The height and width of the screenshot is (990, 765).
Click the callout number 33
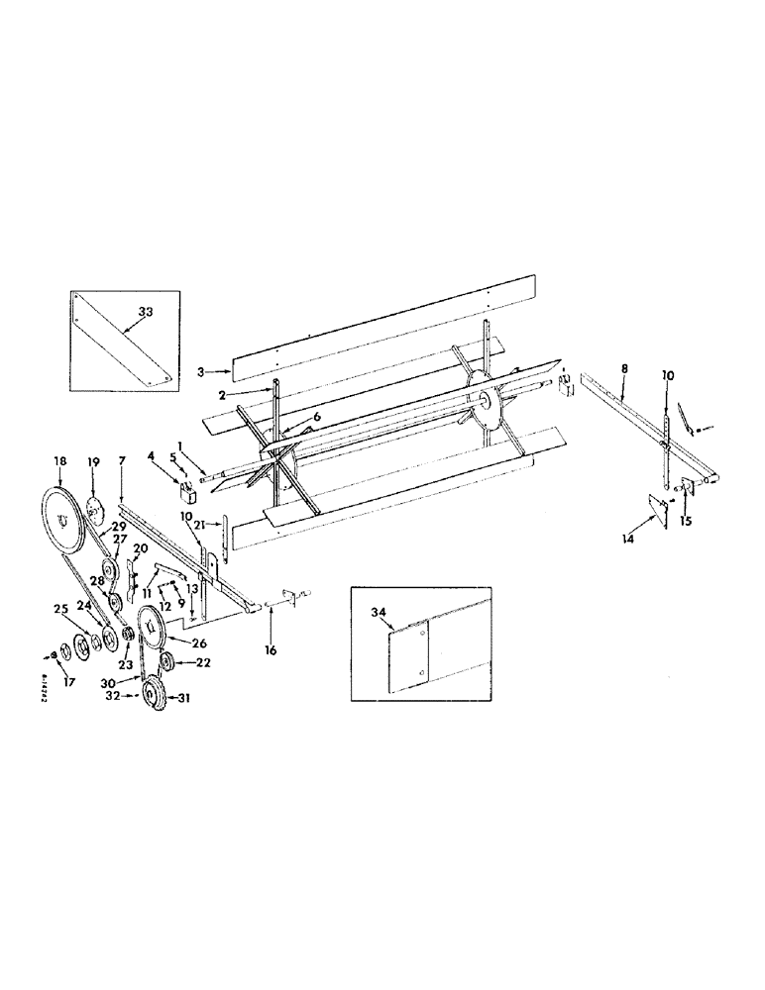(146, 312)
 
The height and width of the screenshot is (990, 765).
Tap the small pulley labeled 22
(165, 662)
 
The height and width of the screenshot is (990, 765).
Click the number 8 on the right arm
(623, 368)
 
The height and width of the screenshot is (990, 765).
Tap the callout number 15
(685, 522)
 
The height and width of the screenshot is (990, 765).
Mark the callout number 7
(121, 461)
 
